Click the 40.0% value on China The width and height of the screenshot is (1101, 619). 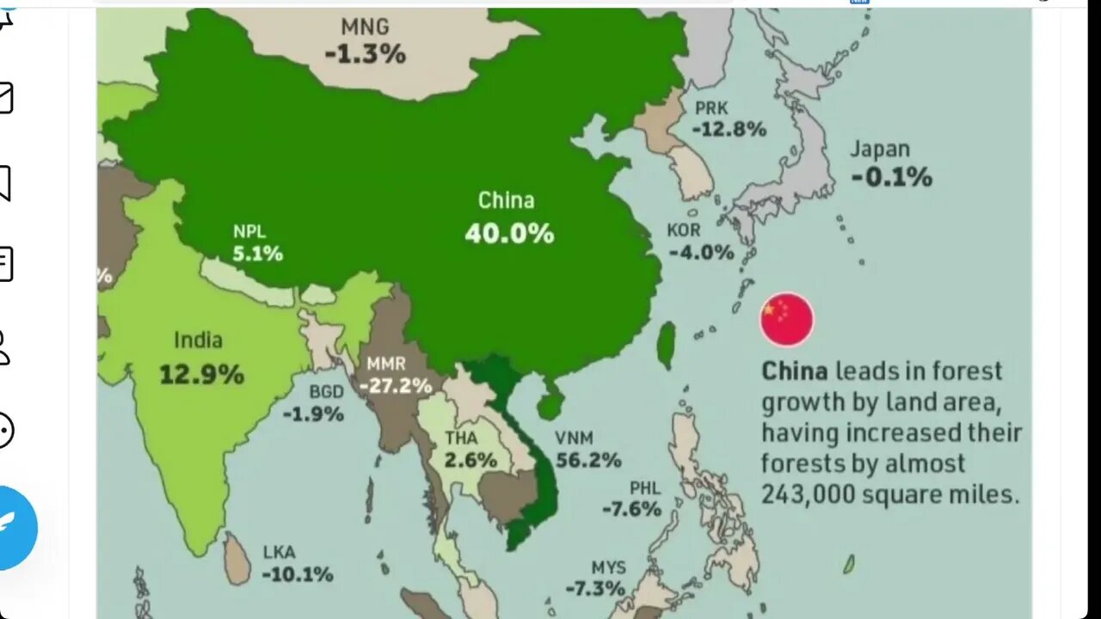click(509, 234)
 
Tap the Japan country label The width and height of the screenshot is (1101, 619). click(880, 149)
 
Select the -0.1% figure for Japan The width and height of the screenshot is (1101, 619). click(891, 178)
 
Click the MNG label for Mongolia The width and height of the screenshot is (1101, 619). click(365, 27)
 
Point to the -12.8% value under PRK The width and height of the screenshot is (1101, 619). click(729, 130)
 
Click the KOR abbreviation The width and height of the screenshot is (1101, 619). click(684, 230)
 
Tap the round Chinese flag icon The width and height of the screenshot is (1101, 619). click(786, 320)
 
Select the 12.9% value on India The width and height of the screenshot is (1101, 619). click(201, 375)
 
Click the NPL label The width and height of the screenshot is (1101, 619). click(249, 231)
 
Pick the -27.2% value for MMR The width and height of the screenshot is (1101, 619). click(396, 385)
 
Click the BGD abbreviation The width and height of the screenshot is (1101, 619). click(327, 392)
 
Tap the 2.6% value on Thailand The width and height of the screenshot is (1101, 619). click(471, 460)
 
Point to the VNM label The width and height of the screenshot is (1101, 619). click(574, 438)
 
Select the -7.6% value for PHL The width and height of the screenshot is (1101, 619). click(631, 509)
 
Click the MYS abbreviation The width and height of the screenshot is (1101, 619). click(608, 568)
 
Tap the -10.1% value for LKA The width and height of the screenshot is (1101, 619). click(297, 574)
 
